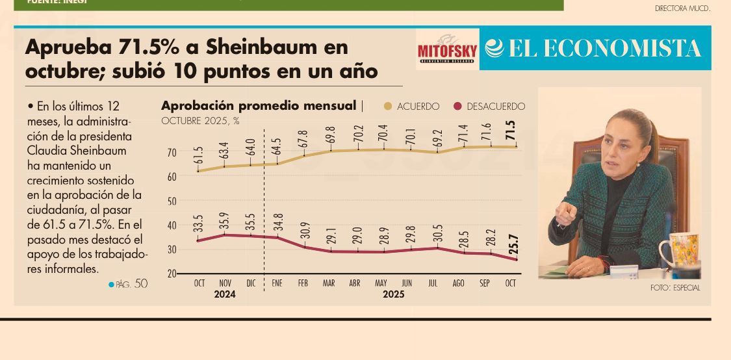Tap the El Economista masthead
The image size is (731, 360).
(595, 49)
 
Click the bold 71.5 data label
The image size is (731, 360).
(511, 131)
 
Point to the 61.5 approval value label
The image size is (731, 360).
(199, 155)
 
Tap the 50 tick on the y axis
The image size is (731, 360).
(172, 201)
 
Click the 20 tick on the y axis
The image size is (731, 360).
(172, 274)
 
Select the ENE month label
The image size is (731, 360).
(277, 284)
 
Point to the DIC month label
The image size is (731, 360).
(251, 284)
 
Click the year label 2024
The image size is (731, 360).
(225, 295)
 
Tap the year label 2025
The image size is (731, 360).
(393, 295)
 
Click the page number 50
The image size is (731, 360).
(141, 284)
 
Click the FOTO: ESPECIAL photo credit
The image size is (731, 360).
(675, 288)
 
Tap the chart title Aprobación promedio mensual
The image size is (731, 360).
(259, 106)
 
